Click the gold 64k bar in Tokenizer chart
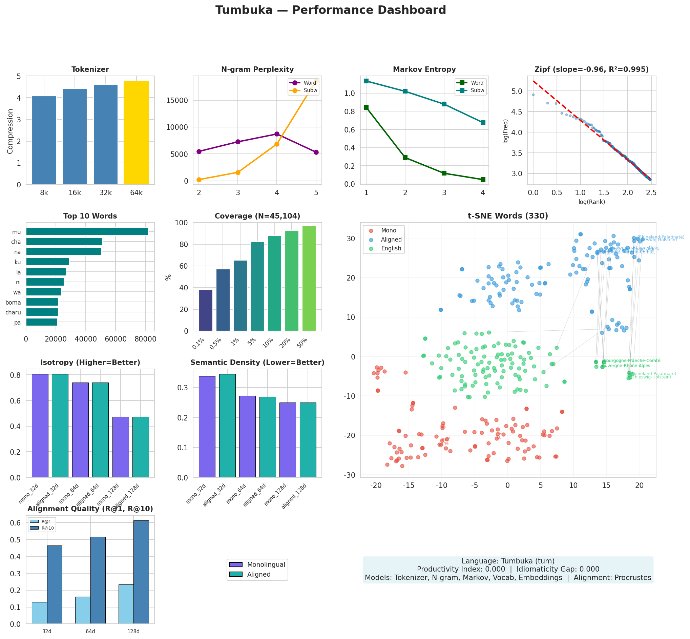pyautogui.click(x=136, y=133)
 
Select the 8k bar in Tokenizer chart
pyautogui.click(x=44, y=140)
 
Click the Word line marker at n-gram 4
pyautogui.click(x=276, y=134)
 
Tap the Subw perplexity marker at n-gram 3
pyautogui.click(x=238, y=172)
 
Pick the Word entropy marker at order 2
pyautogui.click(x=405, y=158)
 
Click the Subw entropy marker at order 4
pyautogui.click(x=483, y=123)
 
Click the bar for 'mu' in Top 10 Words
pyautogui.click(x=87, y=231)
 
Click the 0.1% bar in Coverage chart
pyautogui.click(x=206, y=310)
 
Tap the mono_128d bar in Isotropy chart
pyautogui.click(x=120, y=447)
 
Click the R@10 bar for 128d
pyautogui.click(x=141, y=572)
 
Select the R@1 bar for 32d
pyautogui.click(x=39, y=613)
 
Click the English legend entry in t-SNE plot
pyautogui.click(x=391, y=248)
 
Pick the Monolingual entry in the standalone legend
pyautogui.click(x=266, y=565)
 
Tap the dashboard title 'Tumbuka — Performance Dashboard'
pyautogui.click(x=331, y=10)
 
